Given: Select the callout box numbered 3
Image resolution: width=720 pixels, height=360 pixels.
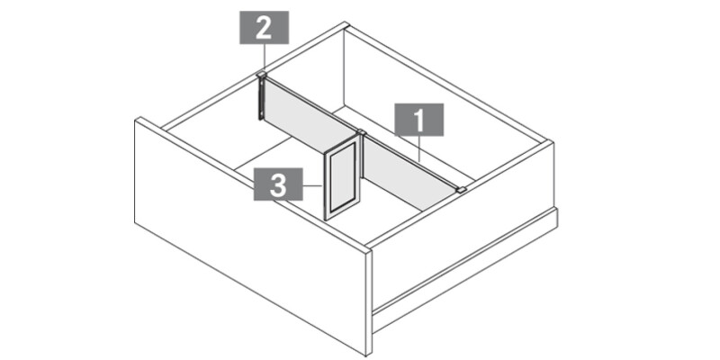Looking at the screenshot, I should pos(278,186).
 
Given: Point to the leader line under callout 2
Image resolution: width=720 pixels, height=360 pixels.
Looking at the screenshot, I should pos(264,58).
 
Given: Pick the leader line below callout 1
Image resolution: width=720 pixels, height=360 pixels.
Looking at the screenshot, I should pos(419,149).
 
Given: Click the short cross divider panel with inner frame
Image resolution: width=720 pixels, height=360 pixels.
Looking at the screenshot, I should pos(341,180).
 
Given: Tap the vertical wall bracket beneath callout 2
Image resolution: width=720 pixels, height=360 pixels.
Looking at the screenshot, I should pos(261,97).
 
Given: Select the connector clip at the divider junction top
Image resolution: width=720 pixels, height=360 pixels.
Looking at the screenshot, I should pos(361,133).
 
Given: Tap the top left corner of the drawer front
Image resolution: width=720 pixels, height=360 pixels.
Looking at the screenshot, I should pos(137,120).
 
